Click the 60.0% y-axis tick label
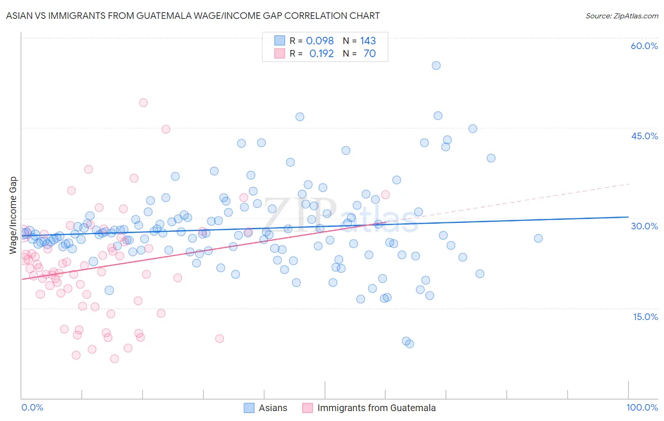(x=644, y=46)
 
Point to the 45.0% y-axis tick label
(x=644, y=136)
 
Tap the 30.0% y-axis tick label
(x=644, y=226)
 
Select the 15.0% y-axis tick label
(x=645, y=317)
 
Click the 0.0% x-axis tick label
(x=32, y=407)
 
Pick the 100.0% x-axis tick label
(x=642, y=407)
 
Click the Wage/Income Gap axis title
(x=13, y=215)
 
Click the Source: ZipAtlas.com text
(x=621, y=16)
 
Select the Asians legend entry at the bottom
(x=272, y=408)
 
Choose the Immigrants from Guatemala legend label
(x=376, y=408)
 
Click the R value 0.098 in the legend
(x=320, y=41)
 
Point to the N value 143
(x=367, y=41)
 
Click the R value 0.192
(x=321, y=54)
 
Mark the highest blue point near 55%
(x=436, y=66)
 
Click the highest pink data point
(x=143, y=102)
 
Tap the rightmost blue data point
(x=538, y=238)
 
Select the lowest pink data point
(x=114, y=359)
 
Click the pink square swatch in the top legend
(x=280, y=54)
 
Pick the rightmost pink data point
(x=385, y=194)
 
